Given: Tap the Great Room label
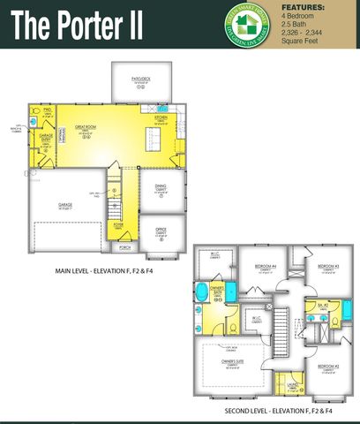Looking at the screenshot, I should coord(85,126).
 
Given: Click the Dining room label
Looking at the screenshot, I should coord(161,186).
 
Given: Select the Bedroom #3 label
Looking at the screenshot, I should coord(326,266).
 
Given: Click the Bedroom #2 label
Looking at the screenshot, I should coord(327,366).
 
